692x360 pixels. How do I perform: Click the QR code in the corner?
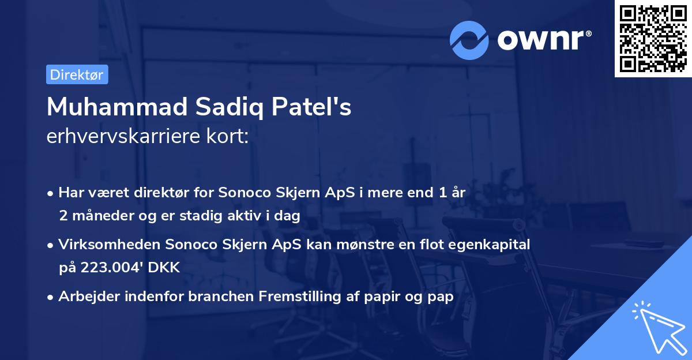652,38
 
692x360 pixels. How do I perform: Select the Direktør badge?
77,74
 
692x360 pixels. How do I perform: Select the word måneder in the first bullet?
99,216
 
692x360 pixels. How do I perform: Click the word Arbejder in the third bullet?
86,297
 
